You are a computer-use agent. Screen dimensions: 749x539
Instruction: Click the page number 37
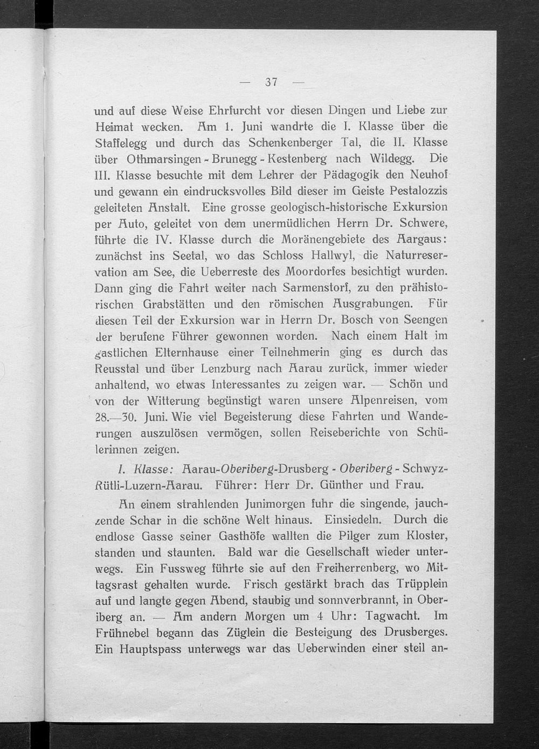point(271,83)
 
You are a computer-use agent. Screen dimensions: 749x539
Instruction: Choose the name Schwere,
point(424,223)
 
